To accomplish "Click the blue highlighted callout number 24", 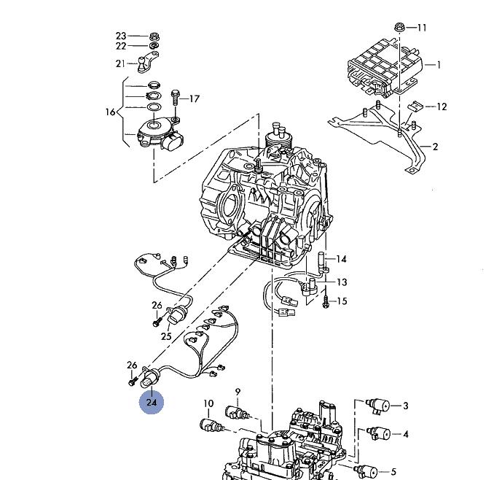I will [x=152, y=402].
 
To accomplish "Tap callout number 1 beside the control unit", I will [x=438, y=65].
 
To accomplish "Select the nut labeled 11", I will [x=400, y=28].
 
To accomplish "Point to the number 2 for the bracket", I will [x=435, y=147].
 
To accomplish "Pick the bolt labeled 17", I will [x=175, y=96].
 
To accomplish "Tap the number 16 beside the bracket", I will [x=111, y=112].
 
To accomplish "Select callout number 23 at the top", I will [x=121, y=36].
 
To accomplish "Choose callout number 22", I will [x=121, y=46].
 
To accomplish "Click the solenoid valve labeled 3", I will [x=377, y=404].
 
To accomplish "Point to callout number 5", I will [x=393, y=472].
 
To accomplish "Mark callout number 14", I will [x=341, y=259].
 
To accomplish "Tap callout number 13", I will [x=341, y=282].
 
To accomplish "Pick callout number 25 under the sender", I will [x=166, y=336].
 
